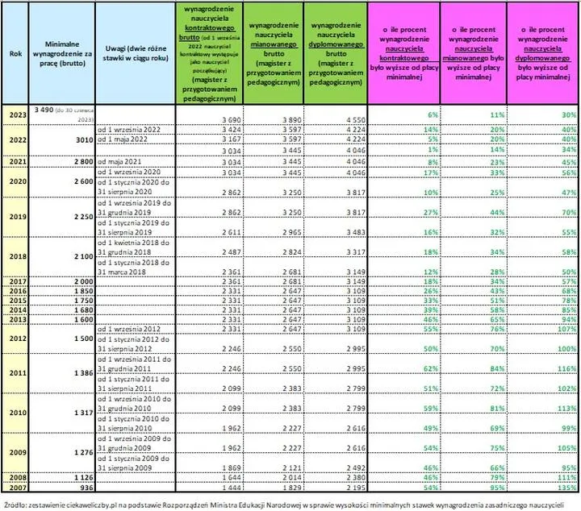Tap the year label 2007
point(15,488)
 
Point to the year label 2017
point(15,279)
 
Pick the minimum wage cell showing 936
point(81,488)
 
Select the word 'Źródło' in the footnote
point(16,505)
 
